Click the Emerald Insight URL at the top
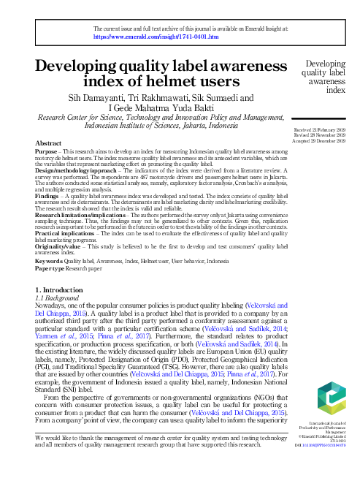156,35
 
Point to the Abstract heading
48,143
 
